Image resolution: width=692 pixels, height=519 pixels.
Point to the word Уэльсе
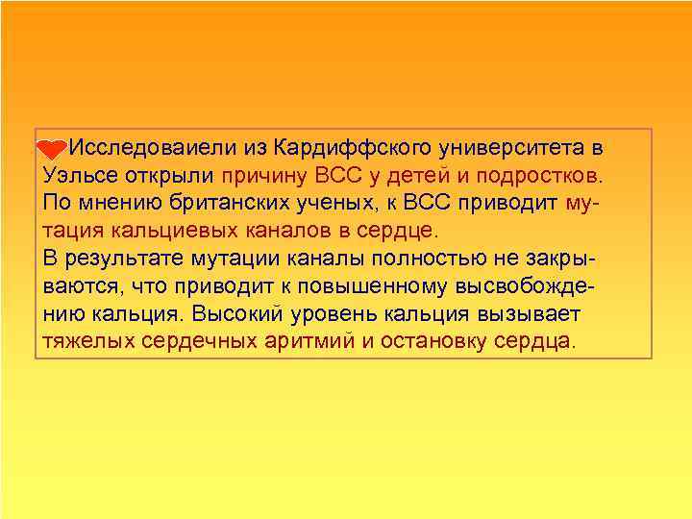(x=76, y=177)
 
